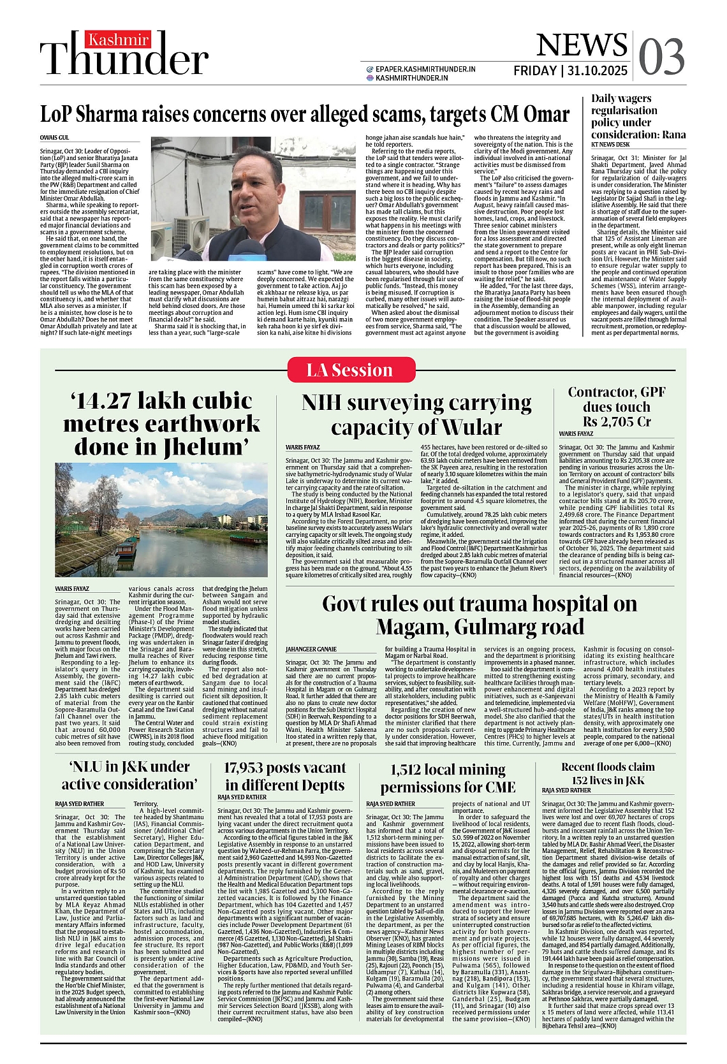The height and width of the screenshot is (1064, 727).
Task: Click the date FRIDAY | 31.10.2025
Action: click(x=570, y=71)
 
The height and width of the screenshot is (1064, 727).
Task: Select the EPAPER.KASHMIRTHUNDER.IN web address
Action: click(x=425, y=69)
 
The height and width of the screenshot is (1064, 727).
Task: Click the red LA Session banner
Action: click(x=351, y=370)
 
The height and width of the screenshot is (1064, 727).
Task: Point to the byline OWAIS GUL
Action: click(x=54, y=138)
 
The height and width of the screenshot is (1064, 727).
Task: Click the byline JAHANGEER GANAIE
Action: click(x=311, y=649)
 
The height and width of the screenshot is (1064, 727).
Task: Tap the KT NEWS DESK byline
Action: click(x=610, y=145)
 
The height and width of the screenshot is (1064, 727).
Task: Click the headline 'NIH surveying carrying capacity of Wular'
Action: click(x=416, y=415)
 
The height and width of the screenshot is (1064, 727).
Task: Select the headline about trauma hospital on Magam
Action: click(x=479, y=615)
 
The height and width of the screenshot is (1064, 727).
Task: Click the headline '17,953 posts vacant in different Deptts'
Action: click(x=284, y=776)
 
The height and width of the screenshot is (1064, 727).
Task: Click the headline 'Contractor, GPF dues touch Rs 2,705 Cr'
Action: click(x=616, y=407)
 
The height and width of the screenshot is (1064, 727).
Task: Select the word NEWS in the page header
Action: click(x=581, y=45)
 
